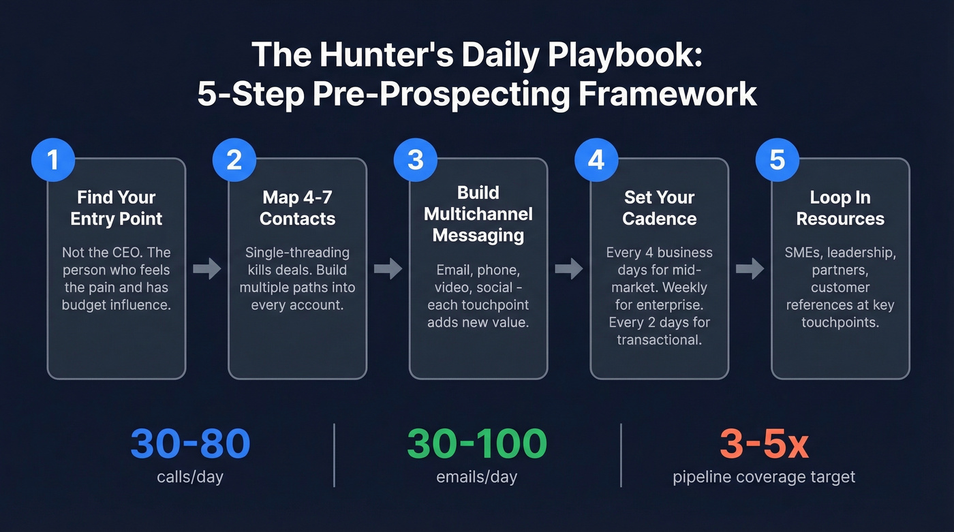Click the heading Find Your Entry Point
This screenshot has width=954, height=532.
(x=117, y=208)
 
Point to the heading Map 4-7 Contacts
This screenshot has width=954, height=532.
(x=297, y=208)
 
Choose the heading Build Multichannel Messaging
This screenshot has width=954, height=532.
(x=478, y=214)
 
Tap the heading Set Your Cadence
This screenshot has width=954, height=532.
(x=659, y=208)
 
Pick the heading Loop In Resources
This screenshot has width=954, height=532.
(x=840, y=208)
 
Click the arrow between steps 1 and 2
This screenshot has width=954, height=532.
(x=207, y=269)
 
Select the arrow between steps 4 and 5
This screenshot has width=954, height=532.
(x=750, y=269)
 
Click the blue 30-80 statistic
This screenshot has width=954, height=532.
(x=190, y=444)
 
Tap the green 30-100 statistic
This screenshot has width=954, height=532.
(x=477, y=444)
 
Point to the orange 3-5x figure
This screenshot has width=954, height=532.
(x=764, y=444)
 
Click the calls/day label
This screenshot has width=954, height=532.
(x=190, y=477)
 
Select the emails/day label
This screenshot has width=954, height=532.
(x=477, y=477)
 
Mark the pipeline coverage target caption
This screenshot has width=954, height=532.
(x=764, y=477)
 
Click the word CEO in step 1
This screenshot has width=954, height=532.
(x=123, y=253)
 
